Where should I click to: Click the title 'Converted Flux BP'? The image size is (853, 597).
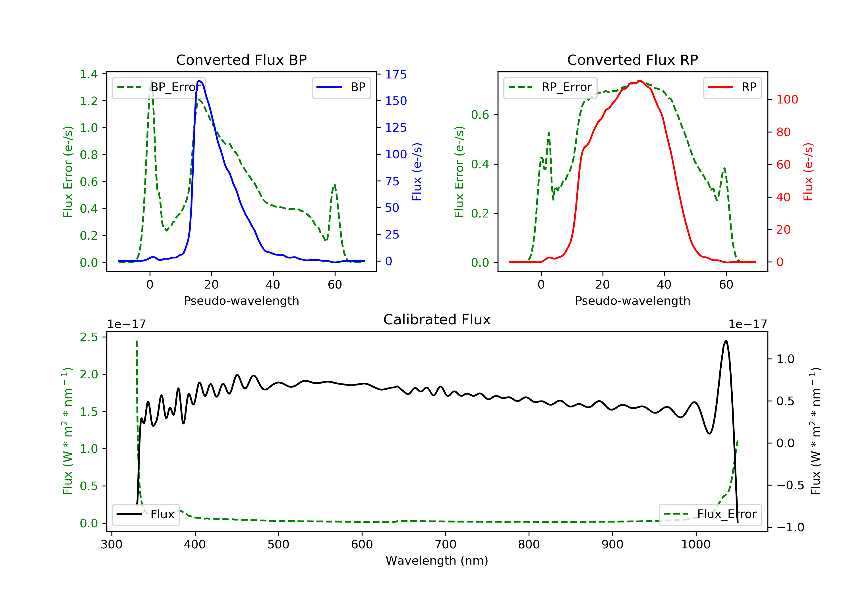(241, 60)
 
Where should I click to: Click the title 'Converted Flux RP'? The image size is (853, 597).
(632, 60)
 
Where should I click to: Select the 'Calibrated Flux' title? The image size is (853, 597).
(437, 320)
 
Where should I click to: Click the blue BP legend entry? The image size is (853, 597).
(341, 87)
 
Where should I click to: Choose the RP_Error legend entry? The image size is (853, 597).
(550, 87)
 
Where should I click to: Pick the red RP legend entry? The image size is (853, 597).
(732, 87)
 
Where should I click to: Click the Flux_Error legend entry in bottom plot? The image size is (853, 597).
(710, 514)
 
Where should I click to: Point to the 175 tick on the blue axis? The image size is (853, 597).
(396, 74)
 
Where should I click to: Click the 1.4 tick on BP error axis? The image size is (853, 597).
(89, 74)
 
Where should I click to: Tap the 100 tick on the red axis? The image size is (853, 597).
(787, 100)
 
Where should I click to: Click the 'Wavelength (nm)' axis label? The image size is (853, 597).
(437, 561)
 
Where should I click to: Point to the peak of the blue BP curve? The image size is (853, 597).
(200, 81)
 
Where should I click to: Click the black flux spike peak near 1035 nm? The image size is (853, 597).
(726, 341)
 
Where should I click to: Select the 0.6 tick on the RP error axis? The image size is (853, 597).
(480, 115)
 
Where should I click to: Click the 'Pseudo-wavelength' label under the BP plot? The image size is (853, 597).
(241, 300)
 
